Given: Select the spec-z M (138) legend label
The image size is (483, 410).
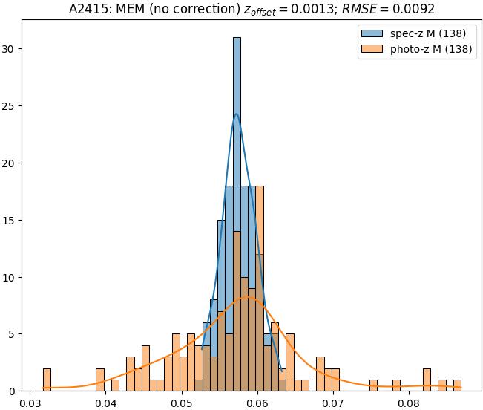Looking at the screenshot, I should (x=428, y=35).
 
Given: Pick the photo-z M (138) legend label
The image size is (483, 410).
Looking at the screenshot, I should (x=433, y=51).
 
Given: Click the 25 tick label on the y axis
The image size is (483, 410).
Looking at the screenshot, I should (x=11, y=106).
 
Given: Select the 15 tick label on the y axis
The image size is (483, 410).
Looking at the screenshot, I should (x=11, y=221).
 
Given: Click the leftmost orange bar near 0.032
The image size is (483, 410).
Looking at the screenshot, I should (x=47, y=380).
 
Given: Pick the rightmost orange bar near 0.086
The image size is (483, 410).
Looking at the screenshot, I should (x=456, y=385).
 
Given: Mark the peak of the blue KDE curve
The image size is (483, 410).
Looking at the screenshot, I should (x=237, y=114).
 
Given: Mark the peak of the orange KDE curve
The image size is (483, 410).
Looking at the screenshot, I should (x=249, y=297).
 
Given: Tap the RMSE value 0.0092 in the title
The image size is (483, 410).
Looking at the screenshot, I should (x=415, y=9).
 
